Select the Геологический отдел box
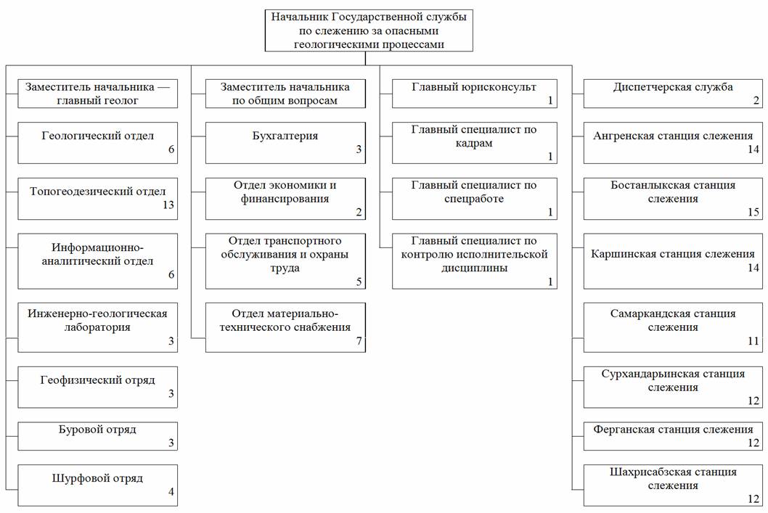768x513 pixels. pos(97,142)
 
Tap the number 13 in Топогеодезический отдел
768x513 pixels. pos(168,205)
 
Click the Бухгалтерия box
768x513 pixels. pos(285,142)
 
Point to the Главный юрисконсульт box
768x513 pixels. pos(474,94)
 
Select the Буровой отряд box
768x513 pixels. pos(97,435)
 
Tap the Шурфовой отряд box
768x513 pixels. pos(97,484)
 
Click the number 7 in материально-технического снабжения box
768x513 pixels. pos(359,341)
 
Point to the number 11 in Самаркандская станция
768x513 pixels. pos(753,340)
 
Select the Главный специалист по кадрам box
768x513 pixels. pos(474,142)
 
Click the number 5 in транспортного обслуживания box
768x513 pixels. pos(359,281)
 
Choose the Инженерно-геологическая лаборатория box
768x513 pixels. pos(97,327)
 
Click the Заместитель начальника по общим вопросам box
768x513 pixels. pos(285,94)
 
